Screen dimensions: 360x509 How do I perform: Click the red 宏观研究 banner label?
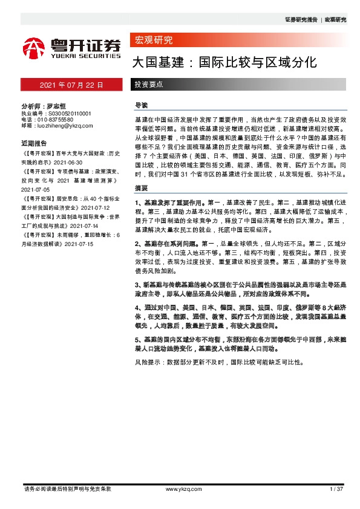pos(152,41)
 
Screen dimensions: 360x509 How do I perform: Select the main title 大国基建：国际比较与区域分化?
pos(224,62)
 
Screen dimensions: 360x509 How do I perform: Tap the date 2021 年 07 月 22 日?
pos(71,85)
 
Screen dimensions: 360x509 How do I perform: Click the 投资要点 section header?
pos(148,85)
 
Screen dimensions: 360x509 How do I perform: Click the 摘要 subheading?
pos(140,187)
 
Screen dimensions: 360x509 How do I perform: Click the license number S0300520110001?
pos(67,113)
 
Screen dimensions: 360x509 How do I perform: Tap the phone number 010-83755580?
pos(60,119)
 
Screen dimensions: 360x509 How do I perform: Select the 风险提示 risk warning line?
pos(217,363)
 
